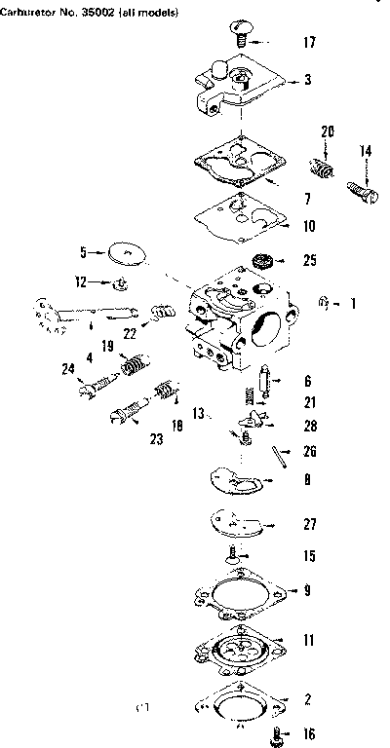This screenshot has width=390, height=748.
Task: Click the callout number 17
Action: pyautogui.click(x=309, y=44)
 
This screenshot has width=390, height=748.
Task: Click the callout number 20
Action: pyautogui.click(x=328, y=131)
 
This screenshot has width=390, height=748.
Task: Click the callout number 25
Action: pyautogui.click(x=309, y=260)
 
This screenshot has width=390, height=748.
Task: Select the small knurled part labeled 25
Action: pyautogui.click(x=261, y=261)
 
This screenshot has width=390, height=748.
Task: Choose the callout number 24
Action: pyautogui.click(x=68, y=368)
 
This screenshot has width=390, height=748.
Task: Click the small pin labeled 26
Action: pyautogui.click(x=280, y=456)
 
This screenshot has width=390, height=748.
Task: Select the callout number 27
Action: pyautogui.click(x=309, y=525)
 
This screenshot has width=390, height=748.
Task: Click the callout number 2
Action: pyautogui.click(x=308, y=698)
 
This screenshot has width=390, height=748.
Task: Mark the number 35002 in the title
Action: pyautogui.click(x=98, y=9)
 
